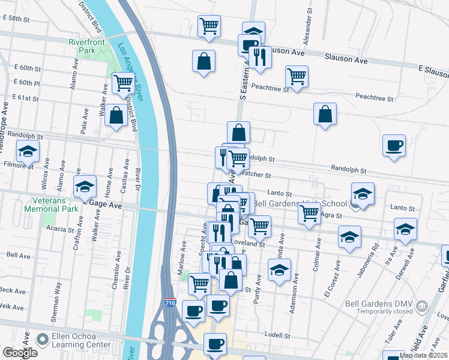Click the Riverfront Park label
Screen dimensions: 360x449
(x=91, y=47)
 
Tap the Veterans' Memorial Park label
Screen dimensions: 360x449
(x=51, y=205)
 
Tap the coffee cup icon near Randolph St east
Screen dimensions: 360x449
(x=394, y=146)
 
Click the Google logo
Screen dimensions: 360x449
(x=20, y=353)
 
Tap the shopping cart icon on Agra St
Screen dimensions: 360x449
(x=310, y=214)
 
